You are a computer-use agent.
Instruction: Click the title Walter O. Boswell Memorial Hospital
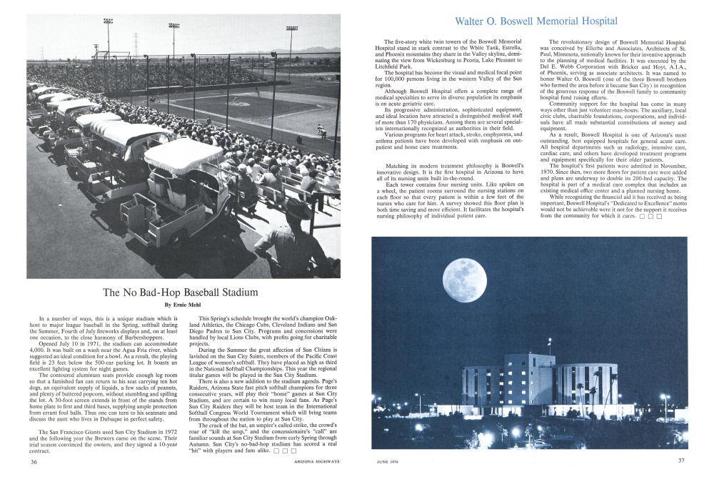[x=536, y=21]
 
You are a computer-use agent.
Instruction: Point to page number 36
[x=34, y=461]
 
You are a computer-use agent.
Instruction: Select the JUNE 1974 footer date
[x=390, y=461]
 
